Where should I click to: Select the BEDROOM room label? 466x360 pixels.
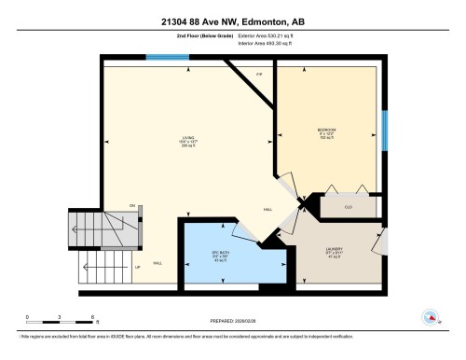(326, 130)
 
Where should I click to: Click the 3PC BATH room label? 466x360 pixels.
(220, 253)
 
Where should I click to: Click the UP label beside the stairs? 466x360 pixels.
(138, 268)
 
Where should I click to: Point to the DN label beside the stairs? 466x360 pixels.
(132, 205)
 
